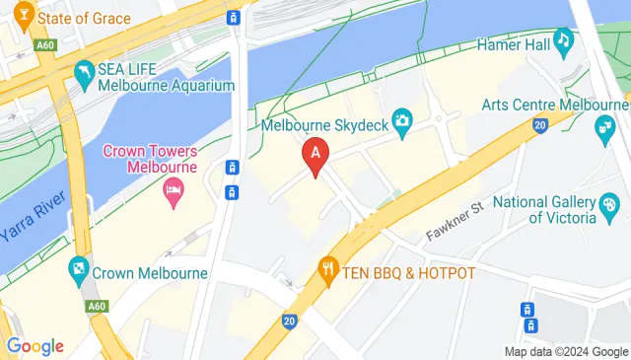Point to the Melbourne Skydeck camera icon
click(x=402, y=120)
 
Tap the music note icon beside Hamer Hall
click(x=563, y=40)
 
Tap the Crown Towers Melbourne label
click(x=150, y=160)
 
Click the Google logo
click(x=35, y=346)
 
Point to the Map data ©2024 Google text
click(x=566, y=351)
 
